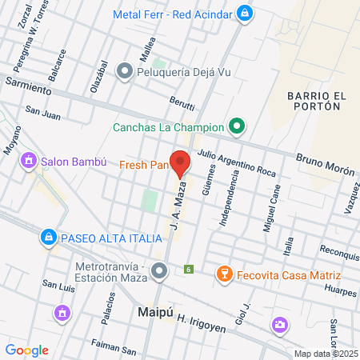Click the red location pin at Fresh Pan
point(180,162)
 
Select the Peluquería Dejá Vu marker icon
point(124,72)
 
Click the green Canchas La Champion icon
point(236,126)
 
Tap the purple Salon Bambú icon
point(30,161)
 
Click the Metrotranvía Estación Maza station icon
point(159,272)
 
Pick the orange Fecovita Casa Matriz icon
point(225,274)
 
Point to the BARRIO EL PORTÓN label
point(316,104)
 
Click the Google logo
point(26,350)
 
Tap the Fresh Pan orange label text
point(143,166)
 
